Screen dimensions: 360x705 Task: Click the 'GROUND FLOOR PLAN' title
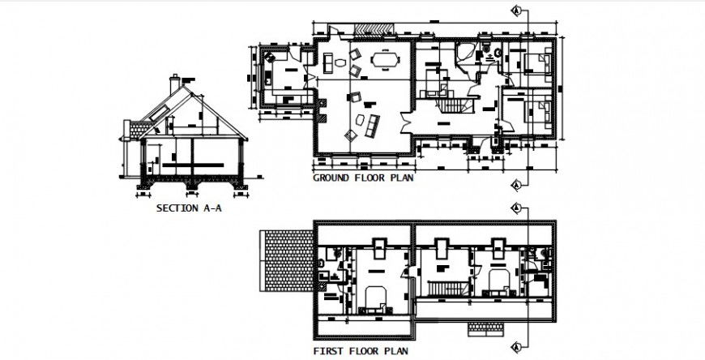tap(363, 177)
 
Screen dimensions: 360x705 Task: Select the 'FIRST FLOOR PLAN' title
tap(361, 352)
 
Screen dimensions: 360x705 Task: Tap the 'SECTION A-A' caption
tap(189, 208)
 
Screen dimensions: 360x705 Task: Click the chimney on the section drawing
tap(175, 84)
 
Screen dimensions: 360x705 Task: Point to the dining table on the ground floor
tap(385, 59)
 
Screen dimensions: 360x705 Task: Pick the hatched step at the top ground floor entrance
tap(374, 28)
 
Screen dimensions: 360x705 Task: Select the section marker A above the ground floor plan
tap(515, 10)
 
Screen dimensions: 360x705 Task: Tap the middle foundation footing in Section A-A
tap(194, 187)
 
